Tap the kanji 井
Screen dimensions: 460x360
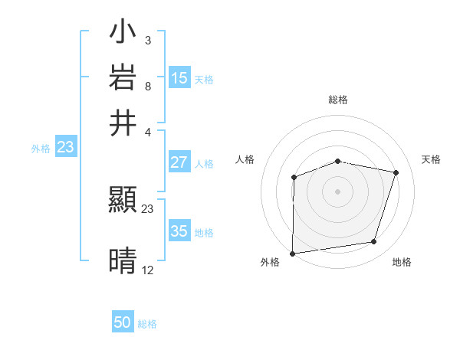click(123, 123)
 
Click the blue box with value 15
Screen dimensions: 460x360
click(179, 77)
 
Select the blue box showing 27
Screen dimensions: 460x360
click(179, 162)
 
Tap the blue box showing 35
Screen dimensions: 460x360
click(179, 231)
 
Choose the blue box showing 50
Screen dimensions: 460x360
click(123, 322)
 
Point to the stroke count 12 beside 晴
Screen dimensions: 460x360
click(147, 270)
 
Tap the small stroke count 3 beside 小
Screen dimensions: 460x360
click(147, 39)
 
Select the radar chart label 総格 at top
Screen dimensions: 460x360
click(338, 100)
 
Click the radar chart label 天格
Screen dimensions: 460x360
click(431, 159)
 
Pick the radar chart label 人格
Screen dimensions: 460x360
click(245, 159)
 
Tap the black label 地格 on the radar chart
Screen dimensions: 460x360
click(402, 262)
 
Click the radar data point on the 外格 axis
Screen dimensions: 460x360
click(292, 254)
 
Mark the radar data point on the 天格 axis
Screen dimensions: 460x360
click(396, 172)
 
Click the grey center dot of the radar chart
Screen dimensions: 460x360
click(338, 191)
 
